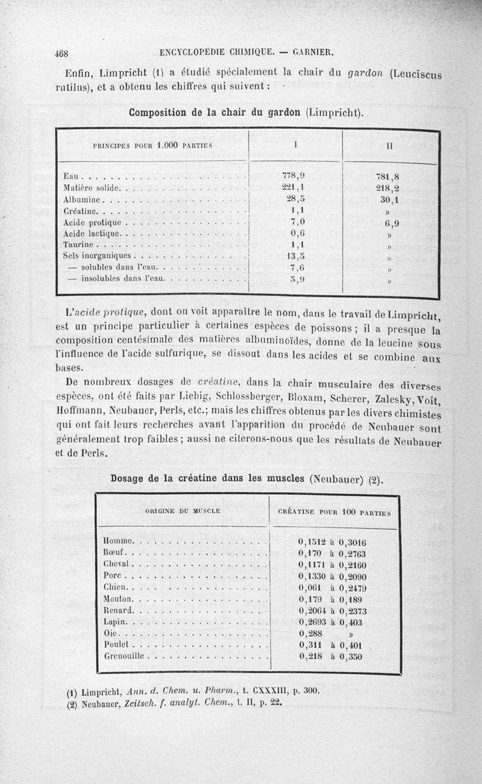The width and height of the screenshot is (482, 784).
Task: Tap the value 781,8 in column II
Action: pyautogui.click(x=389, y=177)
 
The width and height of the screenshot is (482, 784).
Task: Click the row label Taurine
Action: pyautogui.click(x=79, y=245)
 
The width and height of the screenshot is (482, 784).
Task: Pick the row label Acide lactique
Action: pyautogui.click(x=92, y=233)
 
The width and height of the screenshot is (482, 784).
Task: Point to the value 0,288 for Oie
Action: pyautogui.click(x=311, y=633)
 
